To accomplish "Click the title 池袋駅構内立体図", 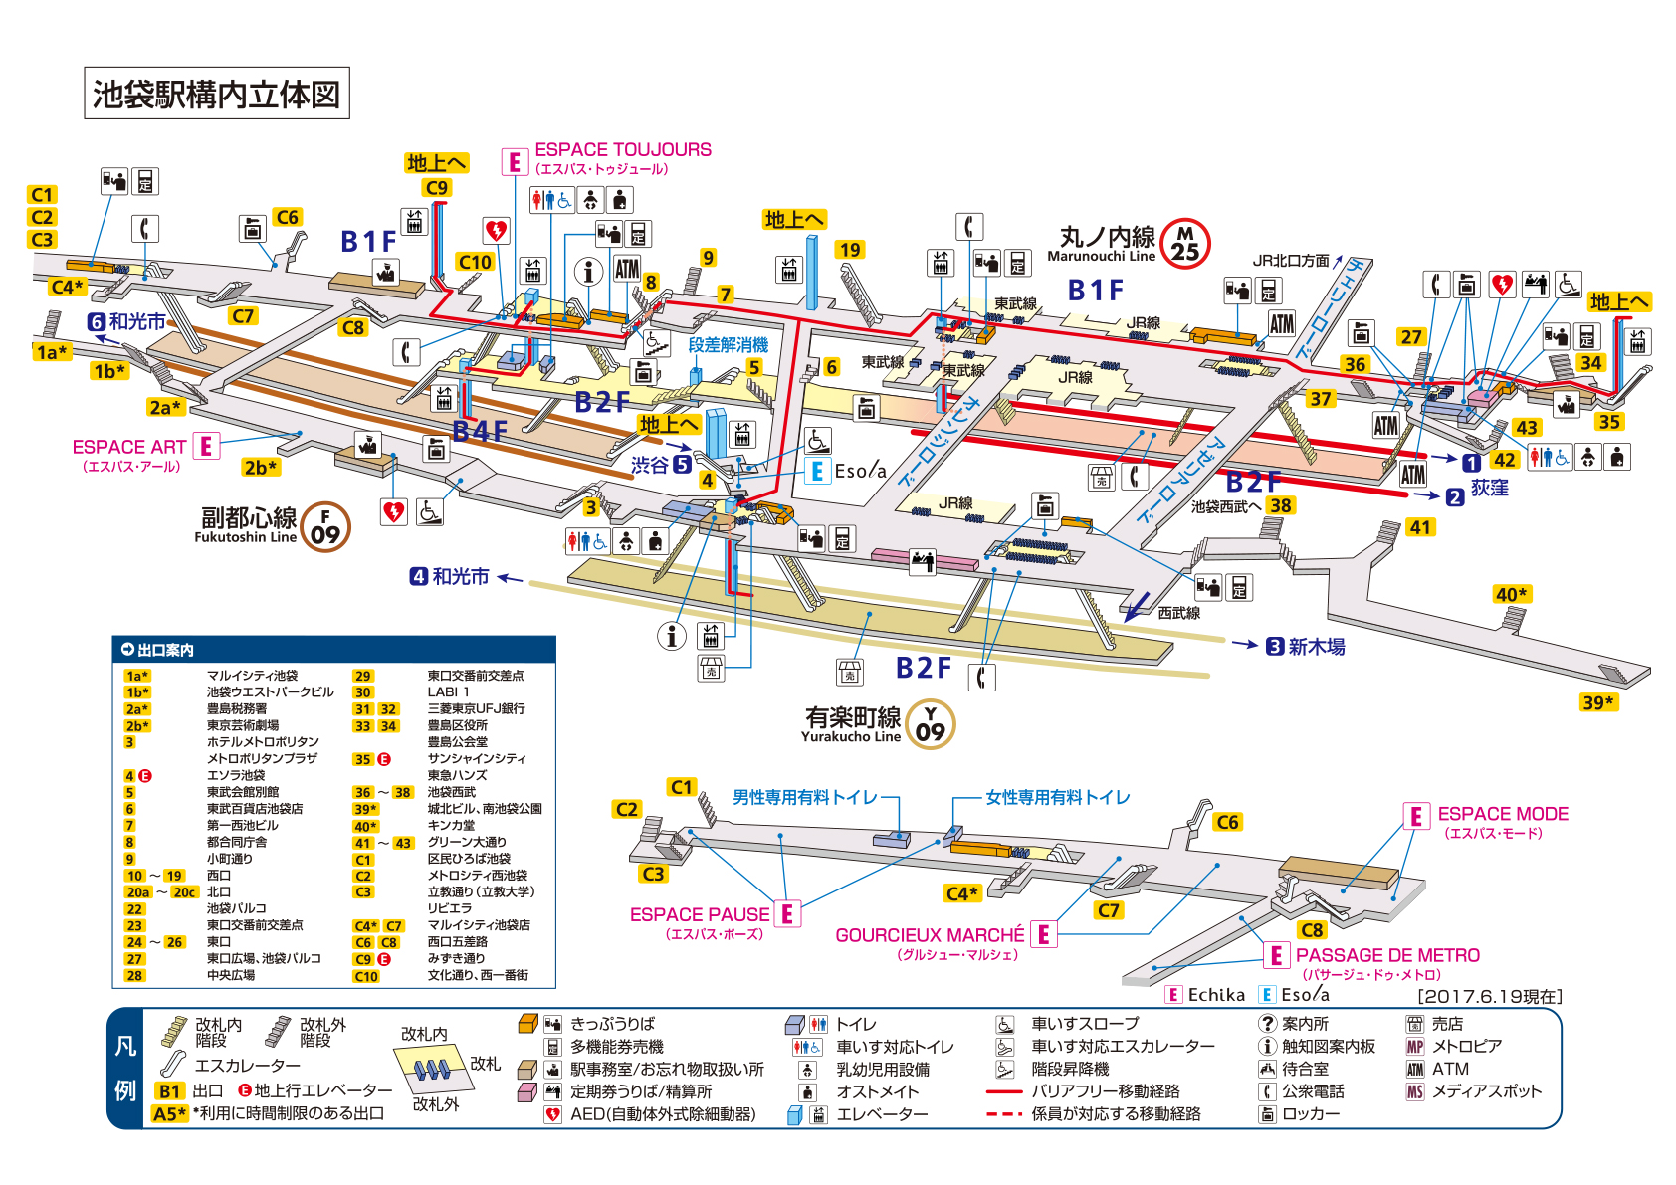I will (x=216, y=94).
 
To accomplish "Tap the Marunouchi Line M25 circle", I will (x=1185, y=244).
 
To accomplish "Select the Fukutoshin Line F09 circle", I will (x=325, y=526).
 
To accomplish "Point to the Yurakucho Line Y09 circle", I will (x=930, y=724).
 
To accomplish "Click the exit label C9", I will (x=436, y=187).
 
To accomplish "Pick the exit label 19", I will (x=849, y=250).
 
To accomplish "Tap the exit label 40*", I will (x=1511, y=594).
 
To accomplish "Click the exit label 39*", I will (x=1597, y=702).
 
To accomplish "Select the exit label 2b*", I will (x=260, y=467).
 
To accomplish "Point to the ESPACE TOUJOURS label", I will (x=623, y=150).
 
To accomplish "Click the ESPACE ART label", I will (x=128, y=448).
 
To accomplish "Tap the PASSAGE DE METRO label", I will (x=1387, y=955).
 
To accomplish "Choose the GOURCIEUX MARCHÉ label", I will (x=930, y=935).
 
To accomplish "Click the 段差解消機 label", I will (x=728, y=345).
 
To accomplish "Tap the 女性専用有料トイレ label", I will (x=1057, y=797).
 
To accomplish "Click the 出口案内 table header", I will (x=165, y=650).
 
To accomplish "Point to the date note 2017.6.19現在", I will (x=1489, y=996).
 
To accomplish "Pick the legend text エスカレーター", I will (x=247, y=1066).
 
